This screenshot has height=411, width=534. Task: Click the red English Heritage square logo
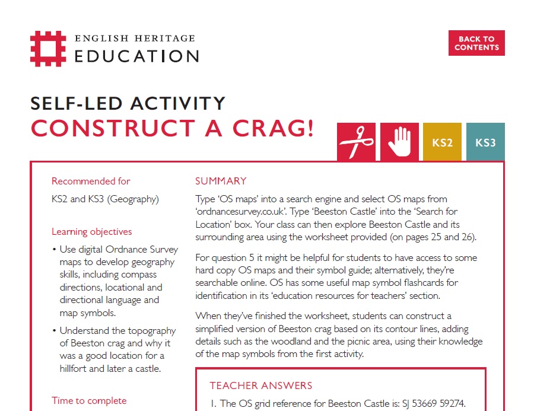(48, 49)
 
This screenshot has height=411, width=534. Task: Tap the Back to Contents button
(476, 43)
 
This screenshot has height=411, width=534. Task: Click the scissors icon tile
(356, 142)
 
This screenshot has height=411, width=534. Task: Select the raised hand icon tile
(399, 142)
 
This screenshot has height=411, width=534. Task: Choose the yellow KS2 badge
(442, 142)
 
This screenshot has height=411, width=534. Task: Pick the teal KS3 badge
(485, 142)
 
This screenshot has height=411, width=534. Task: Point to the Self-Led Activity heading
(128, 103)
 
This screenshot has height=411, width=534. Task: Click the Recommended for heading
(91, 181)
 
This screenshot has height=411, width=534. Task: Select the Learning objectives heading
(92, 231)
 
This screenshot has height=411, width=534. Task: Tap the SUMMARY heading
(221, 181)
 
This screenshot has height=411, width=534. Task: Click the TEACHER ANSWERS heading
(261, 385)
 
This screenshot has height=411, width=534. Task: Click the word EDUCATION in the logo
(136, 56)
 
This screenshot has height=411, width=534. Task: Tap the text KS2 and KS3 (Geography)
(105, 199)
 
